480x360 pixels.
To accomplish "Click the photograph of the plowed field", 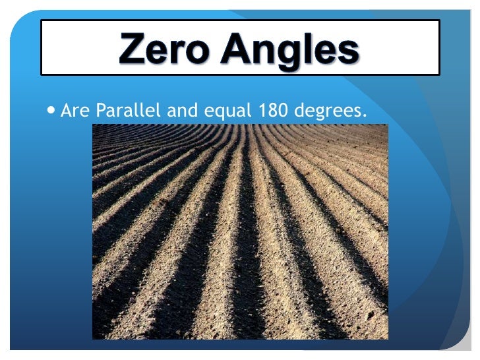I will pyautogui.click(x=240, y=231).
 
